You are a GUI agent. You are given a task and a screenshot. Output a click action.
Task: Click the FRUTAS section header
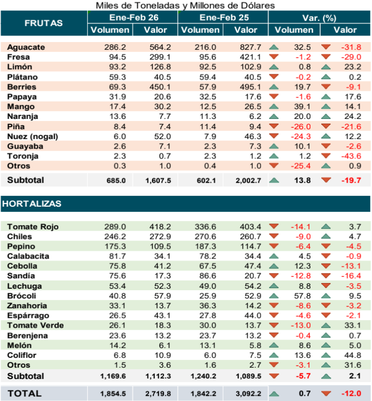pyautogui.click(x=44, y=23)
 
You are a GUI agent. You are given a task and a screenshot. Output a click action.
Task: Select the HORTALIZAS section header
pyautogui.click(x=32, y=204)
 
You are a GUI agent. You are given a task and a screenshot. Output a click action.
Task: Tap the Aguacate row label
pyautogui.click(x=26, y=47)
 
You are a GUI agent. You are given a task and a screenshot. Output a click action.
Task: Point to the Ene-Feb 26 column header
pyautogui.click(x=133, y=17)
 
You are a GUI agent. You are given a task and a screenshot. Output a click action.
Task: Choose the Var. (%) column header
pyautogui.click(x=319, y=17)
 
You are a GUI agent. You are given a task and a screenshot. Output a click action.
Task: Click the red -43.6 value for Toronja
pyautogui.click(x=351, y=156)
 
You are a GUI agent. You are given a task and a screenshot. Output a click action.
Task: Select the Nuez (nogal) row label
pyautogui.click(x=32, y=136)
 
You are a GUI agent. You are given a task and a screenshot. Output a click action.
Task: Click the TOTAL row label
pyautogui.click(x=25, y=393)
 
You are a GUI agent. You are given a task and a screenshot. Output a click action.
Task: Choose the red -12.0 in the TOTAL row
pyautogui.click(x=351, y=393)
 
